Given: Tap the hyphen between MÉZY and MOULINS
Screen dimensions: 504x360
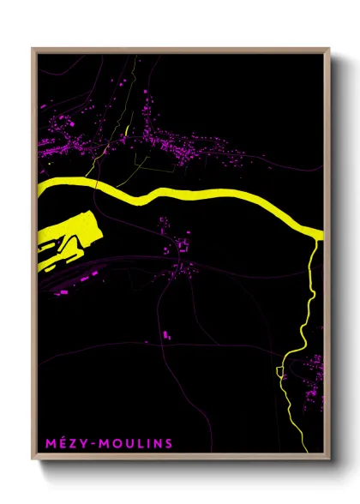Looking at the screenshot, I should (93, 443).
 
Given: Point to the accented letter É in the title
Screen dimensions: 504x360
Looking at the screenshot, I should (62, 443).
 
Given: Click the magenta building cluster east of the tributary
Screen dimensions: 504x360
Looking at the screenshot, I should (314, 373).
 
